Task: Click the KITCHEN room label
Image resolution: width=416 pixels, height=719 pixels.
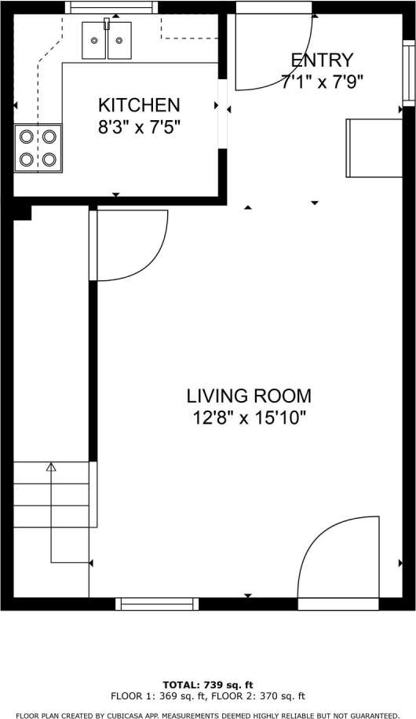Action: (139, 104)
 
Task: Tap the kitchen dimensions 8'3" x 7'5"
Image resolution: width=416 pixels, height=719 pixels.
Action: (139, 127)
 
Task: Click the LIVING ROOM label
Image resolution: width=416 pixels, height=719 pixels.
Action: (248, 396)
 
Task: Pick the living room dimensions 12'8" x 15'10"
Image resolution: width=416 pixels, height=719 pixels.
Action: (248, 418)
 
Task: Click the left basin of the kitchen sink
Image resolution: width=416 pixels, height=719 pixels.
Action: (94, 45)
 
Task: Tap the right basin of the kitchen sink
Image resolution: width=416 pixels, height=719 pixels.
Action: (119, 45)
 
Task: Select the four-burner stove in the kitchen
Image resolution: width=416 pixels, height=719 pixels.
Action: (38, 148)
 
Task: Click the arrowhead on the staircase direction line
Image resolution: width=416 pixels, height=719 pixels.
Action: (52, 468)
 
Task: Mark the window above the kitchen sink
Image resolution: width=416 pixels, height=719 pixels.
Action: (111, 7)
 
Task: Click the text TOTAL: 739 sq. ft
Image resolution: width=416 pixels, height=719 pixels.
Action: (207, 684)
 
